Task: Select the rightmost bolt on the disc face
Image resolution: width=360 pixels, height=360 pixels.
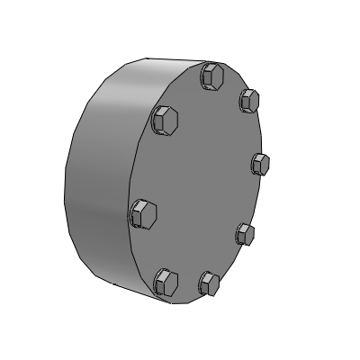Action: click(x=260, y=164)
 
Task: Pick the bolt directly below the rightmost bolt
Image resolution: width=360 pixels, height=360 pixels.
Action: click(x=245, y=234)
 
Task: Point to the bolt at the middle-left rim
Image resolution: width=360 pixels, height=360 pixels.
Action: click(x=145, y=214)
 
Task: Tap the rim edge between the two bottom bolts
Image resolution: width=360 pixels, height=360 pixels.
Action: click(x=189, y=301)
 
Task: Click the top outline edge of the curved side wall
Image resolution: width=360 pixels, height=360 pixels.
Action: click(x=144, y=61)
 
